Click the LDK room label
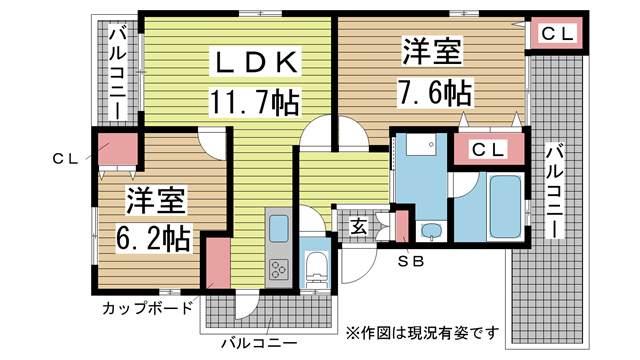pyautogui.click(x=255, y=62)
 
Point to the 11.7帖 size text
pyautogui.click(x=255, y=100)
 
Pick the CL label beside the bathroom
pyautogui.click(x=486, y=150)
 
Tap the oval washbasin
pyautogui.click(x=431, y=233)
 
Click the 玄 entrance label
pyautogui.click(x=357, y=226)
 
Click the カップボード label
pyautogui.click(x=147, y=308)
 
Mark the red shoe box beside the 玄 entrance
pyautogui.click(x=403, y=226)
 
